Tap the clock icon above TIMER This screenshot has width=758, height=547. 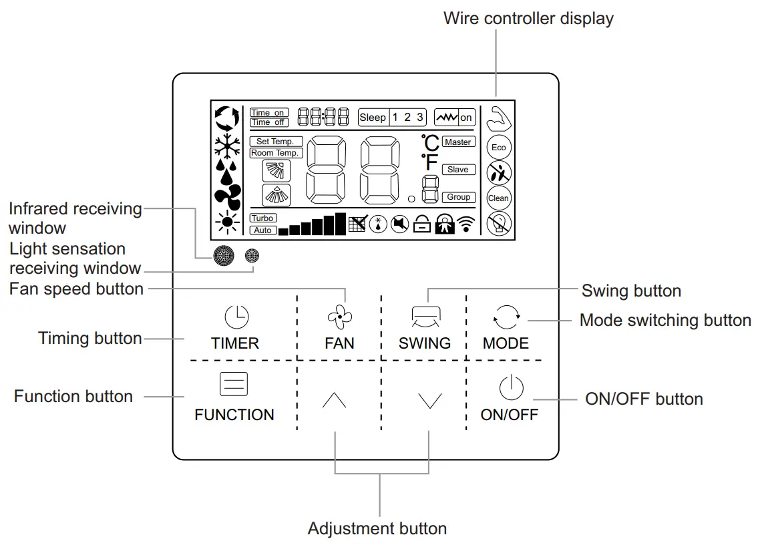pos(236,317)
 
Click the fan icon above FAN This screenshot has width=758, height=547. pos(339,317)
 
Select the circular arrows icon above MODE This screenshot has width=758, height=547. pos(506,317)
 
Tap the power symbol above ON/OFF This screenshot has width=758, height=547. pos(510,388)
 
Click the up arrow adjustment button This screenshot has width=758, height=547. pos(334,400)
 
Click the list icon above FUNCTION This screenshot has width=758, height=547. pos(234,385)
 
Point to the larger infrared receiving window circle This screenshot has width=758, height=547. pos(224,256)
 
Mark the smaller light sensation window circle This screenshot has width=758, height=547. pos(252,255)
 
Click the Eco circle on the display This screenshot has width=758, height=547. pos(498,148)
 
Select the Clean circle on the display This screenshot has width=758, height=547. pos(498,198)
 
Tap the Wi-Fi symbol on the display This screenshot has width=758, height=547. pos(467,224)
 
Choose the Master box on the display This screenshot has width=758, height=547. pos(458,142)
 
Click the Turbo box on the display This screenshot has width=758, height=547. pos(262,218)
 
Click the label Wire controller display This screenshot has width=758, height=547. pos(528,19)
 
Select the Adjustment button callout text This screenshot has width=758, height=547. pos(377,529)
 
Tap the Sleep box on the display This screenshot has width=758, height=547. pos(373,118)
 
